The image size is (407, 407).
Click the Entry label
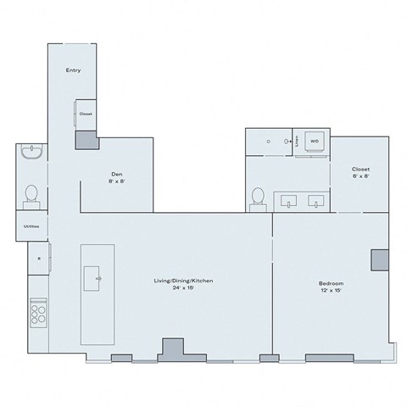tap(73, 70)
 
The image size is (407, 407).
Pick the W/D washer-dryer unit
tap(314, 142)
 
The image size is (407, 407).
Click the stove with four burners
tap(38, 315)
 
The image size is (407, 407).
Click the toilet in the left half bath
tap(31, 194)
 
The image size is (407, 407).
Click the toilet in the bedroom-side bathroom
tap(259, 197)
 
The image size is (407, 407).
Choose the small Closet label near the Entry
tap(86, 114)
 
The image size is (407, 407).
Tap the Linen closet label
tap(296, 142)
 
